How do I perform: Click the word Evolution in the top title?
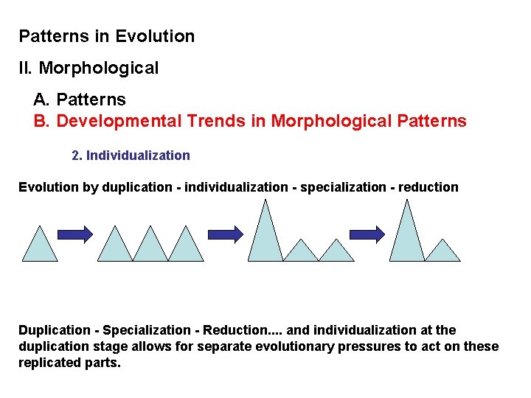[155, 36]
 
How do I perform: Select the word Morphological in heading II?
[98, 69]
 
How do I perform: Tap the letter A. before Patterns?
[42, 99]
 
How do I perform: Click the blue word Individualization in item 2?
[138, 156]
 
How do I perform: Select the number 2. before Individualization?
[77, 156]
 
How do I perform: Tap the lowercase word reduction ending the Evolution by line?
[428, 187]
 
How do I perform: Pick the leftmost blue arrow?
[75, 234]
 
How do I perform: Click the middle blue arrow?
[225, 234]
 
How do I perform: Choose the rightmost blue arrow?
[367, 234]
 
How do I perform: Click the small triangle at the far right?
[442, 252]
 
